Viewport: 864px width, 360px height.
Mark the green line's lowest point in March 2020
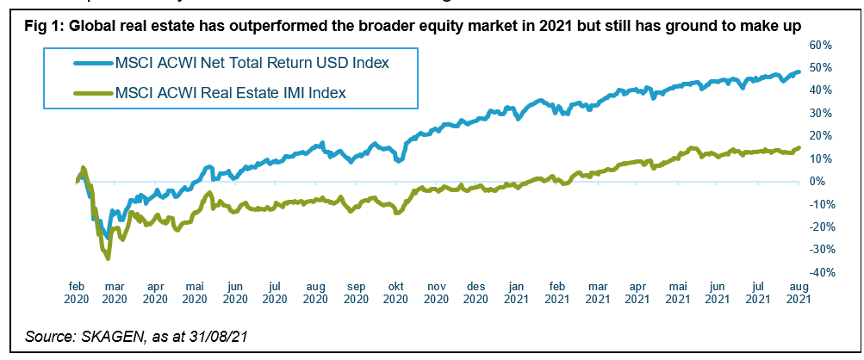(108, 258)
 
